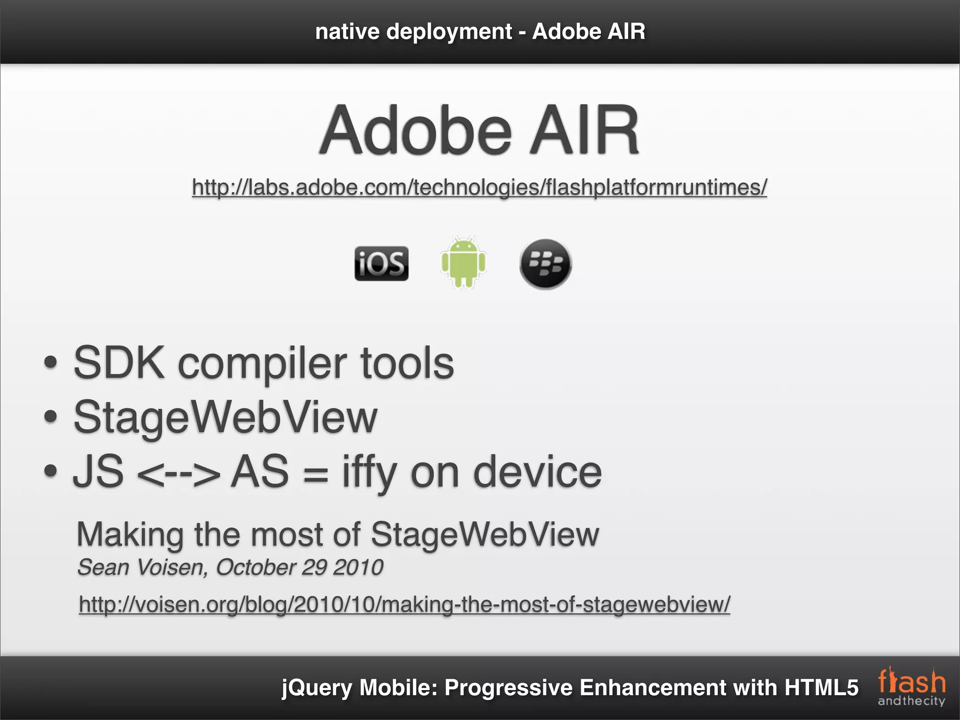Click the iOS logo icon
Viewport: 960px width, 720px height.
[381, 263]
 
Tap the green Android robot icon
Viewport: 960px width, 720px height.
[463, 262]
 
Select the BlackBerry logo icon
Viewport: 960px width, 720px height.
[545, 264]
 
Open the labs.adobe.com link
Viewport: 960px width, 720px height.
[479, 187]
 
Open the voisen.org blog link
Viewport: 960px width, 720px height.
[404, 604]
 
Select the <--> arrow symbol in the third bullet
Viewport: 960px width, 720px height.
[178, 473]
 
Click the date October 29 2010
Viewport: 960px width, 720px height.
[300, 567]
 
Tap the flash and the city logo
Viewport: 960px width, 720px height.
[911, 687]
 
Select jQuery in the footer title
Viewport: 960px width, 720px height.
[316, 688]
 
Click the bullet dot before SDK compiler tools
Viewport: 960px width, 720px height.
[50, 363]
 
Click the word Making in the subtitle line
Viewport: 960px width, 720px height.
[130, 534]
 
